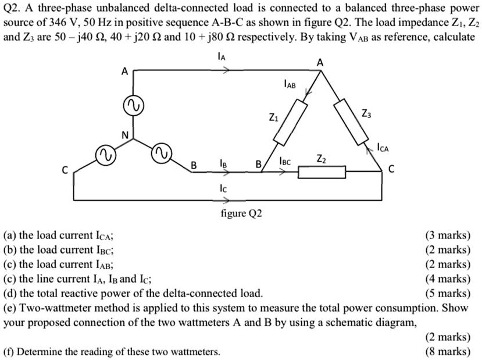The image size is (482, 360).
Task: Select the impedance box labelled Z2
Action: point(322,172)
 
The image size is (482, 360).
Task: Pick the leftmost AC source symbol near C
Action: point(105,155)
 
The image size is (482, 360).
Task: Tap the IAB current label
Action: point(289,86)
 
